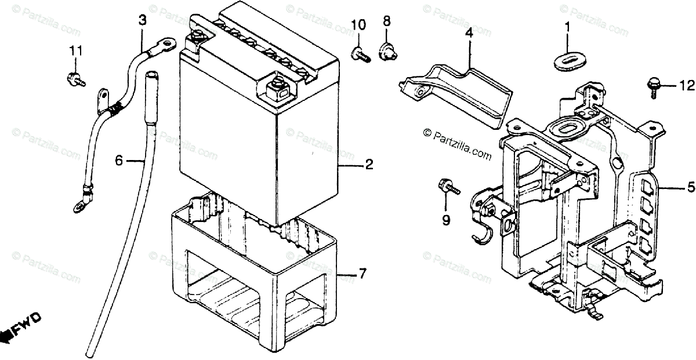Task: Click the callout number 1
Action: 568,27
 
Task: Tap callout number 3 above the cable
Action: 142,20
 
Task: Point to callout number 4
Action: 469,34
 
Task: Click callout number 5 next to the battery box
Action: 691,187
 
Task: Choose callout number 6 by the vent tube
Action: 119,160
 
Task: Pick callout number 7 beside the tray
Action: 362,273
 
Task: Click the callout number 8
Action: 386,24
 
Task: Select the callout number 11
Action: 74,51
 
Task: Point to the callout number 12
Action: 687,86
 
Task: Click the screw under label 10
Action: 360,54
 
